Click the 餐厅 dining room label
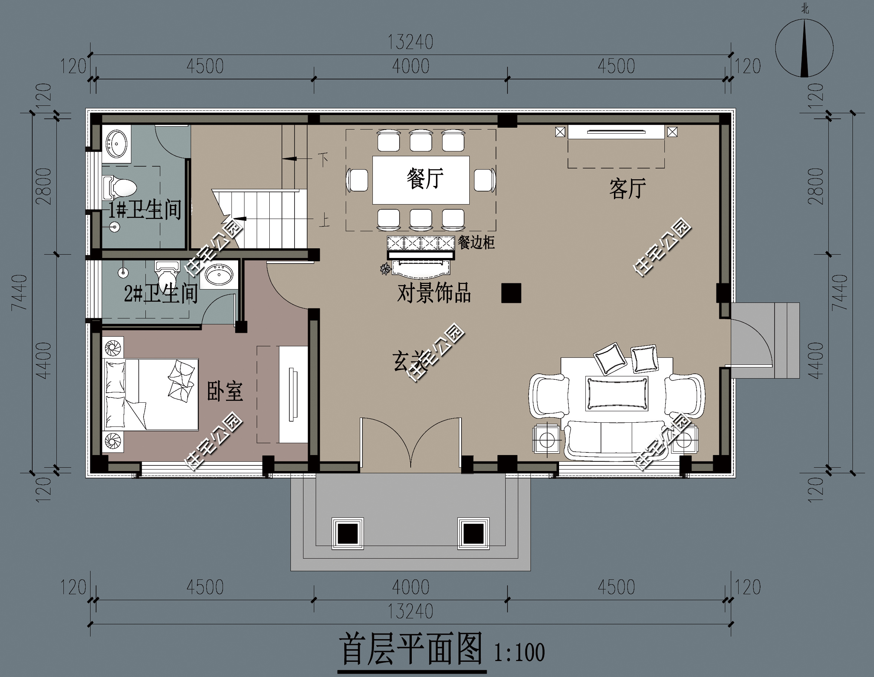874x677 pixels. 425,179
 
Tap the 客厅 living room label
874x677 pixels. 627,189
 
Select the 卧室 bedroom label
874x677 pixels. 224,392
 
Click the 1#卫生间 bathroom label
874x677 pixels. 145,210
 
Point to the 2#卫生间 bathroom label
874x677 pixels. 161,294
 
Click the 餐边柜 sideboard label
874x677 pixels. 476,243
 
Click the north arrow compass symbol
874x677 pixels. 804,48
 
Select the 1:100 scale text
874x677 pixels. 519,652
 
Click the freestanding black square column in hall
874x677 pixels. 511,293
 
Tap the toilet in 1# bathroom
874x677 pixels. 121,187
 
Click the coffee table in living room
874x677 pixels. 616,393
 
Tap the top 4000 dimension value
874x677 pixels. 410,66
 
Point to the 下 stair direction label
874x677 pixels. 323,159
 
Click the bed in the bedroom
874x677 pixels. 151,394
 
